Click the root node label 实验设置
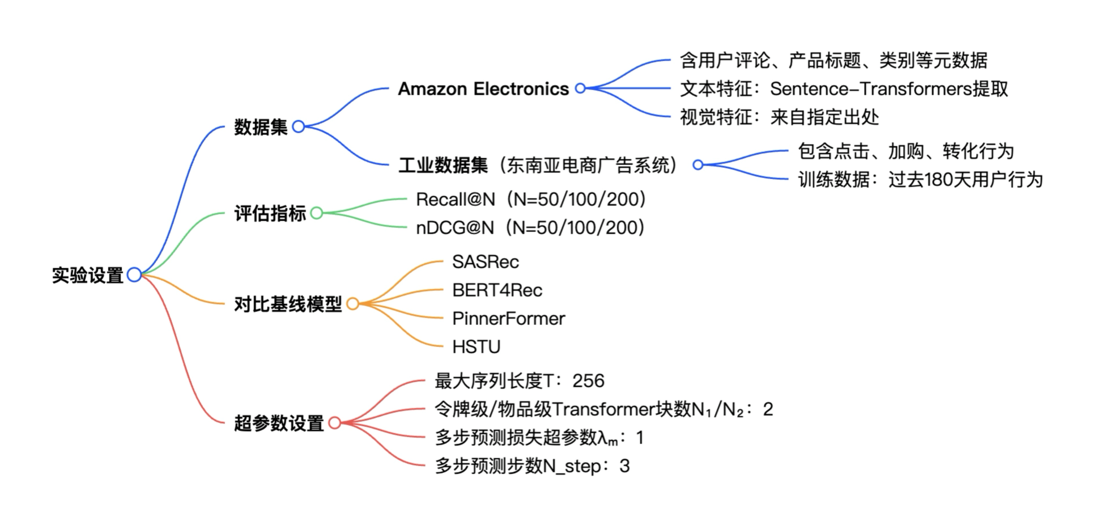click(87, 275)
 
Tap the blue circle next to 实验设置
click(134, 275)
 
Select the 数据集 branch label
click(261, 126)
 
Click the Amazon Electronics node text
click(483, 89)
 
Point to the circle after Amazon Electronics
click(580, 88)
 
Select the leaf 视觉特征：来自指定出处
click(779, 117)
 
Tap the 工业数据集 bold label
click(443, 165)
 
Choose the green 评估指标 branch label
click(270, 213)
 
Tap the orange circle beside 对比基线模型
click(352, 304)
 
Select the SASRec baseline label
click(485, 262)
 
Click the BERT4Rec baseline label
click(496, 290)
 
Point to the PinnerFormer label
click(508, 319)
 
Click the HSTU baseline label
click(476, 347)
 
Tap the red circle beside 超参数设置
click(334, 423)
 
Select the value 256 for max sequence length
click(588, 381)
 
